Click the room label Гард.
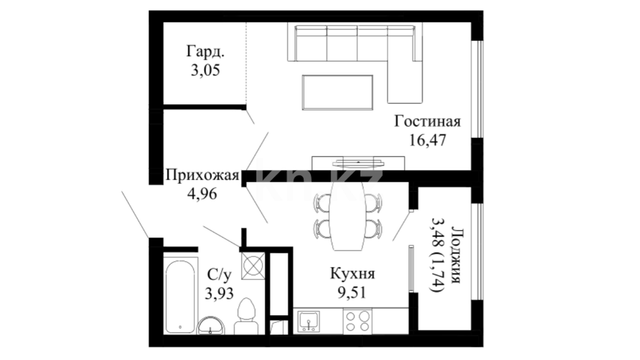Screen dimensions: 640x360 click(x=205, y=52)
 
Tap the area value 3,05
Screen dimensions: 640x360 click(x=205, y=70)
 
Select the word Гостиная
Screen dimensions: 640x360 click(x=427, y=121)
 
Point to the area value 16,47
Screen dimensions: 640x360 click(x=427, y=140)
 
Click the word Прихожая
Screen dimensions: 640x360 click(x=202, y=175)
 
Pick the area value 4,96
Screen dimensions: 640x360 click(x=202, y=194)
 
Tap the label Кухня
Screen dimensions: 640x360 click(x=352, y=274)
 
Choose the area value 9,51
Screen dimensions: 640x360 click(x=352, y=293)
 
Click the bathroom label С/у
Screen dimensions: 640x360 click(x=219, y=275)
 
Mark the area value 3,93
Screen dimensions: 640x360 click(x=219, y=294)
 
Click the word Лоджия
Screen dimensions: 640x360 click(x=456, y=255)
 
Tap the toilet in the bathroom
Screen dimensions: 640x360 click(x=246, y=316)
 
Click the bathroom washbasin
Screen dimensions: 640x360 click(x=211, y=325)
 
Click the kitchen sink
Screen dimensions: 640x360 click(x=309, y=321)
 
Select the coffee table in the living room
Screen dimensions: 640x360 click(x=337, y=92)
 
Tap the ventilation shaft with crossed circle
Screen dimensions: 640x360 click(x=253, y=266)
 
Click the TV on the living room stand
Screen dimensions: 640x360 click(x=358, y=163)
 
